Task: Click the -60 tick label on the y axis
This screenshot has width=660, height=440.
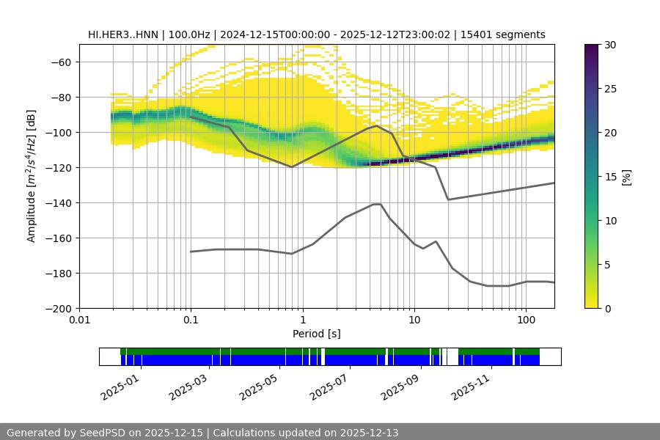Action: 59,62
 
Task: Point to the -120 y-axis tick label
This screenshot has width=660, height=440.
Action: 56,167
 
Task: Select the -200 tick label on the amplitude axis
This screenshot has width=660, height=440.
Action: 56,308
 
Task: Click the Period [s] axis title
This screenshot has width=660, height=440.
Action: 317,334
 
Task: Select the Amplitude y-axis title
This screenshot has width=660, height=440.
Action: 32,176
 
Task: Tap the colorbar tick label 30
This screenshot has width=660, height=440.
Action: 610,45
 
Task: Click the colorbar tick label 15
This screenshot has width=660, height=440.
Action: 610,177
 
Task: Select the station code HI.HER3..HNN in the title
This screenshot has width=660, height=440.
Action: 122,34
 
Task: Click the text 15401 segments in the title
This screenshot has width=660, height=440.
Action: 502,34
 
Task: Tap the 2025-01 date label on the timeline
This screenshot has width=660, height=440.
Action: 118,386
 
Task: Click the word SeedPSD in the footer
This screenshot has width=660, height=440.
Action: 108,433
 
